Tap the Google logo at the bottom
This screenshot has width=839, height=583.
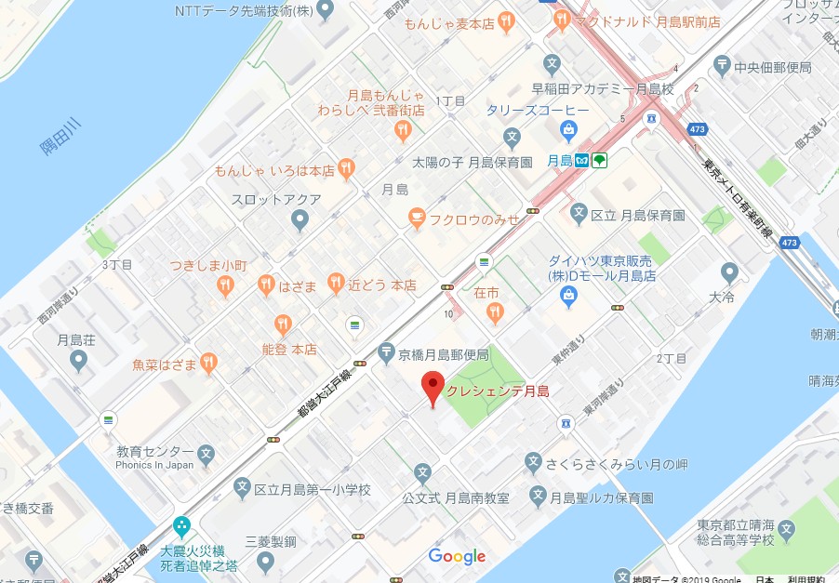(x=457, y=556)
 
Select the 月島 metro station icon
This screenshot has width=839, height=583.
(x=580, y=160)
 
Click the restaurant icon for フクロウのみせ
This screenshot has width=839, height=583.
(x=418, y=218)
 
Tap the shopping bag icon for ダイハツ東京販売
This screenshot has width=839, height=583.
(x=568, y=296)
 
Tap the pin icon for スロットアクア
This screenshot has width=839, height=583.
(x=300, y=219)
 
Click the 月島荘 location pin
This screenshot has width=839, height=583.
(x=78, y=360)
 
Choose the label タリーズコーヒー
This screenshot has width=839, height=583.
(x=537, y=110)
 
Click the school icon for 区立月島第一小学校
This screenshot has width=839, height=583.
(x=242, y=488)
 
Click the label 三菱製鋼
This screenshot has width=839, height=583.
(x=270, y=540)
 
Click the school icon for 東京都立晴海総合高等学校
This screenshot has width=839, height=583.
(x=788, y=530)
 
